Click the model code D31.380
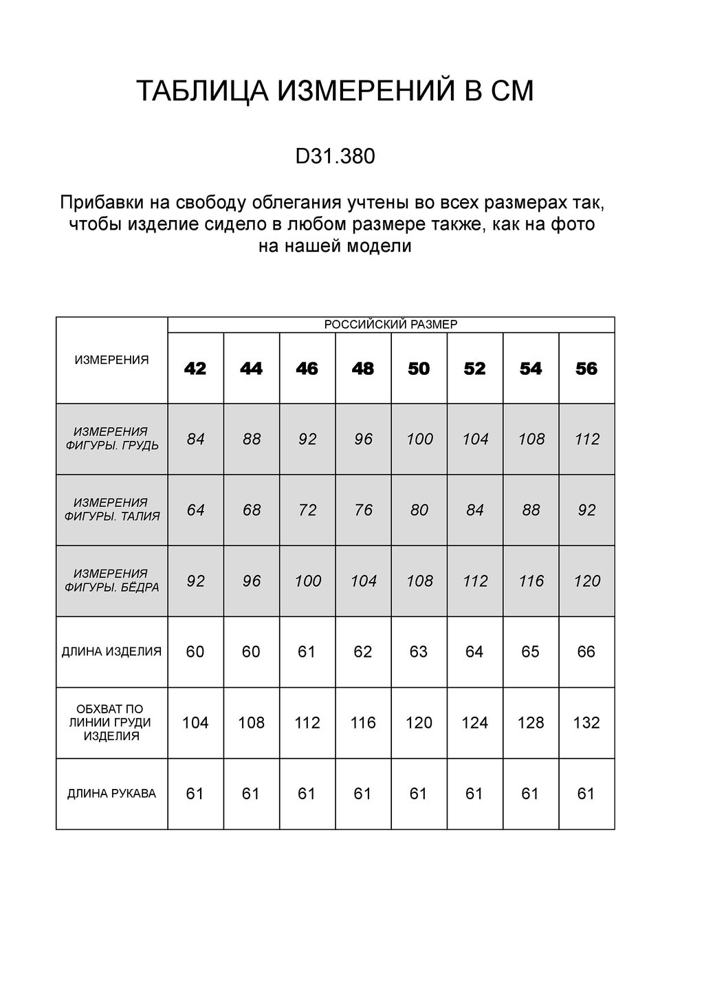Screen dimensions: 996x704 tap(335, 157)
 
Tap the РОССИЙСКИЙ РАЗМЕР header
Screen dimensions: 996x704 tap(390, 325)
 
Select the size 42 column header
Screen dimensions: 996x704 tap(195, 369)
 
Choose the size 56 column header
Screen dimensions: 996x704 tap(586, 369)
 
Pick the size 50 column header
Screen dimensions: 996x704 tap(419, 369)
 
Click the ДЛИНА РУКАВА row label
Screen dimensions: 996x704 tap(111, 794)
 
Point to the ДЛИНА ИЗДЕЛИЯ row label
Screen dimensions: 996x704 tap(111, 651)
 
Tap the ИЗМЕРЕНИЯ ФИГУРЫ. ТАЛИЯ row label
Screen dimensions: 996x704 tap(111, 510)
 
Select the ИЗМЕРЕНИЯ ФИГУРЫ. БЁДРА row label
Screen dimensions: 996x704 tap(111, 581)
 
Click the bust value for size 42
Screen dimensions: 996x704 tap(195, 439)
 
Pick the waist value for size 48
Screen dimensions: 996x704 tap(363, 510)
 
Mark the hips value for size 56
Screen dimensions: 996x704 tap(586, 581)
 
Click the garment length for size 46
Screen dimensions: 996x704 tap(307, 651)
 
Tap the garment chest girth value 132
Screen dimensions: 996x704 tap(586, 723)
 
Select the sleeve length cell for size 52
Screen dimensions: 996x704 tap(474, 794)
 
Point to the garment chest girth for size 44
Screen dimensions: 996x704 tap(251, 723)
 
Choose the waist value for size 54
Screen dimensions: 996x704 tap(531, 510)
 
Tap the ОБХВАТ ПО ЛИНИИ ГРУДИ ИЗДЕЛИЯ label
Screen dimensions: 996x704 tap(111, 722)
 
